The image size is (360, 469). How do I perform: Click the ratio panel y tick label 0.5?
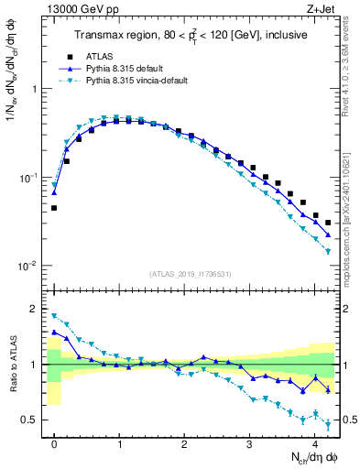(x=32, y=420)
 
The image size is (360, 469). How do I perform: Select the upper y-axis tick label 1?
(x=36, y=89)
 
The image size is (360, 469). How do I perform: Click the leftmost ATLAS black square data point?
(x=54, y=208)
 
